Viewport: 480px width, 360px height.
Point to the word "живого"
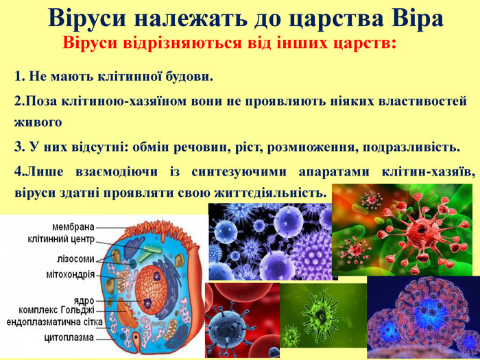click(38, 123)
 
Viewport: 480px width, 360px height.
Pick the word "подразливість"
click(411, 147)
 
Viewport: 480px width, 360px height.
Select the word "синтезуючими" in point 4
click(239, 171)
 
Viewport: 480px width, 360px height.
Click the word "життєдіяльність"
click(270, 193)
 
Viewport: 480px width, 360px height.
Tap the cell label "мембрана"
click(73, 227)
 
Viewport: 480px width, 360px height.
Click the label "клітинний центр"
click(61, 239)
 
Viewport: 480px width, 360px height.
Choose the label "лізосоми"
click(75, 259)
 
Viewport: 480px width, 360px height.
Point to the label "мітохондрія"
click(70, 274)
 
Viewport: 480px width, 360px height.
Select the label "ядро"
click(84, 300)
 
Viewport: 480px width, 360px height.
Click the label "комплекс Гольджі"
click(57, 310)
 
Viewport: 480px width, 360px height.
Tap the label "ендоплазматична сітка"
click(55, 322)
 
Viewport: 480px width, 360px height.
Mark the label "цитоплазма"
click(69, 338)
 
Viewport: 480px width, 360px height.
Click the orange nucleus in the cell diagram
click(152, 290)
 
